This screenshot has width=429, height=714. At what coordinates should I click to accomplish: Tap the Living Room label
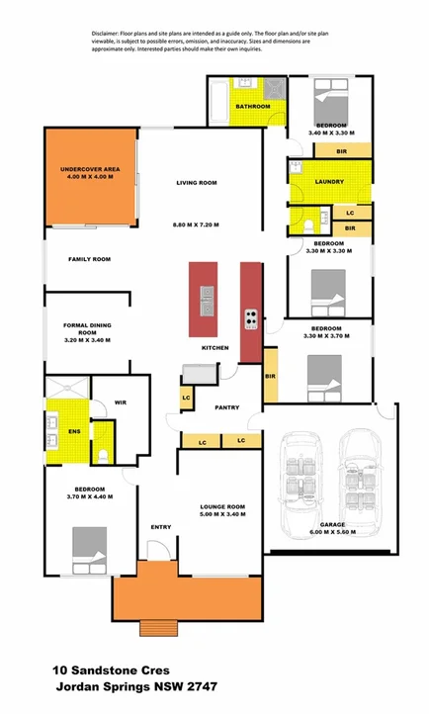click(196, 183)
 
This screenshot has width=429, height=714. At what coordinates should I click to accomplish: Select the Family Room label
click(89, 259)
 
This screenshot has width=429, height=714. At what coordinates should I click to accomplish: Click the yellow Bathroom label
click(253, 106)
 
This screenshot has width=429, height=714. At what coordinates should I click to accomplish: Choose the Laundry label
click(329, 182)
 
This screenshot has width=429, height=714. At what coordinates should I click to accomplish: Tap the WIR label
click(121, 402)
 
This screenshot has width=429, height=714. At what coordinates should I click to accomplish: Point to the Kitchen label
click(215, 348)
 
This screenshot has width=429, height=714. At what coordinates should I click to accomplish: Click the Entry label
click(160, 527)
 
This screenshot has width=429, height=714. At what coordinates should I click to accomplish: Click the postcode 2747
click(199, 686)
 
